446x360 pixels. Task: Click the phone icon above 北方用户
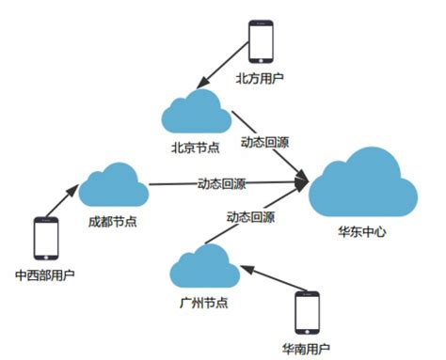263,42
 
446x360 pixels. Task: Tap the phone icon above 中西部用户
47,238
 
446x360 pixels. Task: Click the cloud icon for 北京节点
196,113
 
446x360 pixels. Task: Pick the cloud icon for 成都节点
113,184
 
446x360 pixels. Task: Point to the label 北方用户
262,81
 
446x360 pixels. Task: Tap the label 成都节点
113,221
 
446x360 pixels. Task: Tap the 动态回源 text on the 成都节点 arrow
221,182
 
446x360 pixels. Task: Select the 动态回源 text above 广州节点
250,217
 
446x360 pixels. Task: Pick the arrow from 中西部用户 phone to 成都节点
66,201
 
